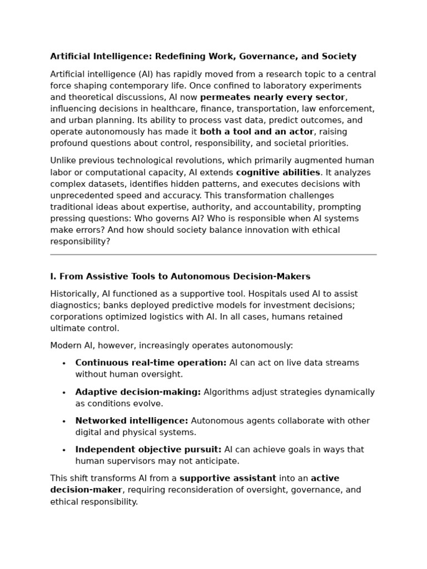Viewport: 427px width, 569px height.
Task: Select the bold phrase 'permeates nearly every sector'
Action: click(x=272, y=97)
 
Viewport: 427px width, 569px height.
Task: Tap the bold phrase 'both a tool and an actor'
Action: click(x=256, y=132)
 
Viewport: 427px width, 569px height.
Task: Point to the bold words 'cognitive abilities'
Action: click(x=278, y=172)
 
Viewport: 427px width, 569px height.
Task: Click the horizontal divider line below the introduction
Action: click(x=213, y=254)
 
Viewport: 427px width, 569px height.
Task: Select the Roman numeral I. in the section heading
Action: click(x=53, y=276)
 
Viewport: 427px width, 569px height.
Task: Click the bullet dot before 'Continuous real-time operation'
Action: click(x=64, y=363)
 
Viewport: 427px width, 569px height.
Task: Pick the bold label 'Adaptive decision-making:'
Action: click(x=138, y=392)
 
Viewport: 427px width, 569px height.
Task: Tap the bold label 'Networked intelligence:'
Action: click(x=132, y=421)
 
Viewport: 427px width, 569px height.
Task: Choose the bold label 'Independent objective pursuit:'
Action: click(x=148, y=450)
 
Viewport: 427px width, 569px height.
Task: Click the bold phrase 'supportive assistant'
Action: click(x=228, y=478)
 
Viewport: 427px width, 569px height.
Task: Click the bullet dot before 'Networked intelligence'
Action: click(x=64, y=421)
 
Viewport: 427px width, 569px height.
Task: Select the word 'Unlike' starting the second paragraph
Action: click(x=62, y=161)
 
